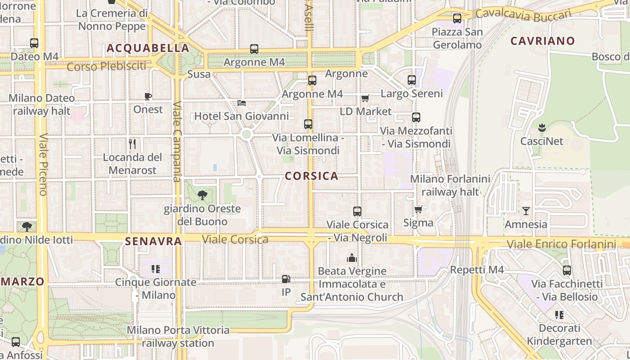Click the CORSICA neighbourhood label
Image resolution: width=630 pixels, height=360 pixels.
tap(311, 176)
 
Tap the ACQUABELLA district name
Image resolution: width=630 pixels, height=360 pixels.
tap(148, 48)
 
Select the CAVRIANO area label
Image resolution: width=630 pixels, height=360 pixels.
tap(542, 41)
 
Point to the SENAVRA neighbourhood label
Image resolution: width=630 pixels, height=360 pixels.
tap(153, 241)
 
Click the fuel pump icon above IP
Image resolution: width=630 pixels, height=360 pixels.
tap(286, 279)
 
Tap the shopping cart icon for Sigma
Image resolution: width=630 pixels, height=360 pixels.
tap(418, 209)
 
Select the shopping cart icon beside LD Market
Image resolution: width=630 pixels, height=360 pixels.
tap(365, 98)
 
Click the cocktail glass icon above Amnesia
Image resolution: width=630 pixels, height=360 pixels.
tap(526, 211)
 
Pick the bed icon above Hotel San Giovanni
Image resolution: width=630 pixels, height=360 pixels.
tap(242, 103)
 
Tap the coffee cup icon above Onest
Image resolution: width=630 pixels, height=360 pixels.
tap(148, 96)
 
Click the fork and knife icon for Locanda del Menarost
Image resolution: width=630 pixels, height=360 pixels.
tap(132, 144)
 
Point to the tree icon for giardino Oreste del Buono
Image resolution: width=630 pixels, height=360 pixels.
tap(202, 195)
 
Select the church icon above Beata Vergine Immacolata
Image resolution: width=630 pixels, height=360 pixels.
tap(351, 258)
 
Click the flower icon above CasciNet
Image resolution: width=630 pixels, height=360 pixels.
tap(541, 127)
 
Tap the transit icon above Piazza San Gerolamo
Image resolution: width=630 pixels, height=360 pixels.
tap(457, 18)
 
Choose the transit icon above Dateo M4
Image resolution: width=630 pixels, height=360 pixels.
tap(34, 43)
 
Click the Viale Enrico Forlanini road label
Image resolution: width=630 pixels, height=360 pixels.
tap(561, 244)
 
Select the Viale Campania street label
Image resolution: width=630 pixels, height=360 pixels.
tap(177, 142)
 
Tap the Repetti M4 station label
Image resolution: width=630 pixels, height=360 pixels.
tap(477, 270)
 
